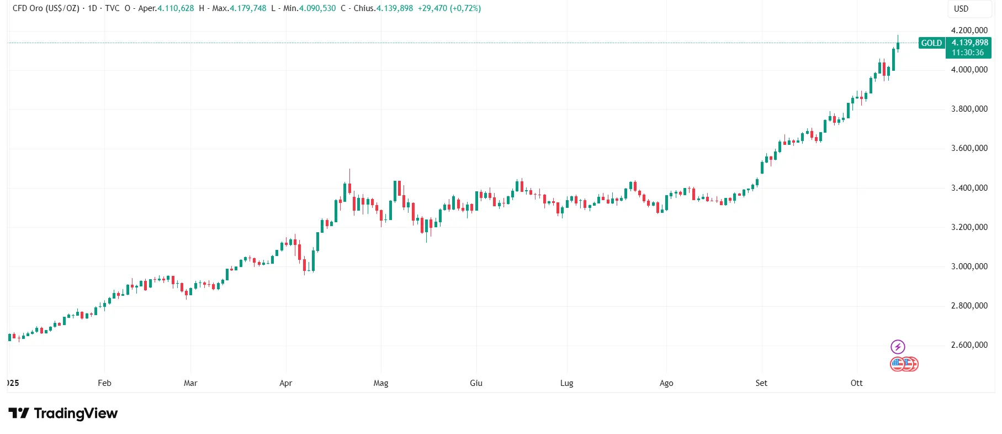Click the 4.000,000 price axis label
pyautogui.click(x=969, y=70)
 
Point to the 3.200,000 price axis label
pyautogui.click(x=969, y=227)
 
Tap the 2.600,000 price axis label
pyautogui.click(x=969, y=345)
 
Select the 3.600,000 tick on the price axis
pyautogui.click(x=969, y=148)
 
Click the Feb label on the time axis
pyautogui.click(x=104, y=383)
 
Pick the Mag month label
pyautogui.click(x=381, y=383)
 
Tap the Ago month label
pyautogui.click(x=666, y=383)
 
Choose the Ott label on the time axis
pyautogui.click(x=856, y=383)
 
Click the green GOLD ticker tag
pyautogui.click(x=931, y=43)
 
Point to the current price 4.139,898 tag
pyautogui.click(x=969, y=43)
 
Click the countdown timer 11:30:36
pyautogui.click(x=967, y=53)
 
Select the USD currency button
pyautogui.click(x=961, y=9)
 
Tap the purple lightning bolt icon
pyautogui.click(x=898, y=347)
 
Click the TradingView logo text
pyautogui.click(x=76, y=414)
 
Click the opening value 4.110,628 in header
pyautogui.click(x=176, y=8)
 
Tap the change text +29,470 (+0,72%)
pyautogui.click(x=449, y=8)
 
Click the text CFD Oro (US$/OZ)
pyautogui.click(x=46, y=8)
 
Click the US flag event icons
pyautogui.click(x=904, y=364)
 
